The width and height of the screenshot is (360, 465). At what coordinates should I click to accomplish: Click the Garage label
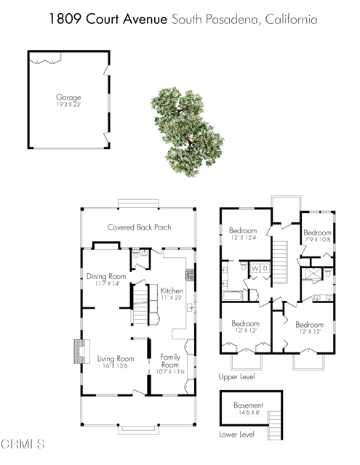[x=68, y=97]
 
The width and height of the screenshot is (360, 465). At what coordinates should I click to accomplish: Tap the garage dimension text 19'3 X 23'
[x=68, y=104]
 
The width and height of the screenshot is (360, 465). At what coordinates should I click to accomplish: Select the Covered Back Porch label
[x=140, y=227]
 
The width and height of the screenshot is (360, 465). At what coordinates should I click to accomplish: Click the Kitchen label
[x=172, y=291]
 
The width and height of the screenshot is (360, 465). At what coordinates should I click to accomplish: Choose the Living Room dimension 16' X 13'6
[x=115, y=366]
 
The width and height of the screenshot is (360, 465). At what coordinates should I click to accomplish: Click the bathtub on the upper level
[x=234, y=296]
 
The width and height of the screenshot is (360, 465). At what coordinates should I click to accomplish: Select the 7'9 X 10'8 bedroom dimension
[x=318, y=239]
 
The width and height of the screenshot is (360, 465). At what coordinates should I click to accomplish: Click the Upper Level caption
[x=236, y=378]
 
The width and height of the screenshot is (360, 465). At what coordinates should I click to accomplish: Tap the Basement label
[x=248, y=405]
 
